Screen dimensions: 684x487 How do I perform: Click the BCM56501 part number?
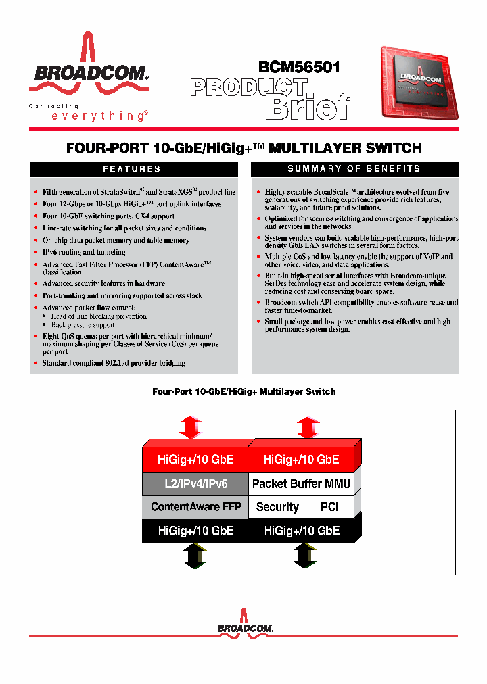click(299, 67)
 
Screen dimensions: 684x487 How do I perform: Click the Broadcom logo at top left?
click(88, 64)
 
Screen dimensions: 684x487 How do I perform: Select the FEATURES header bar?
click(131, 169)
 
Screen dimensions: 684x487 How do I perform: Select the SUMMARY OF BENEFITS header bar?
click(354, 169)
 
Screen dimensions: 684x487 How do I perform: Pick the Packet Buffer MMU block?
click(301, 483)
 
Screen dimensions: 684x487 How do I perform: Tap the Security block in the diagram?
click(277, 506)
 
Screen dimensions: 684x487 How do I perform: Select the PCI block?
click(329, 506)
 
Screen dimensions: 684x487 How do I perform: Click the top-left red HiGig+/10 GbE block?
click(195, 460)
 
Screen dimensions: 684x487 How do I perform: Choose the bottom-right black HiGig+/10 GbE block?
click(301, 531)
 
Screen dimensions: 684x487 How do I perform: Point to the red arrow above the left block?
click(191, 427)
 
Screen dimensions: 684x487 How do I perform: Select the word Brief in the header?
click(307, 106)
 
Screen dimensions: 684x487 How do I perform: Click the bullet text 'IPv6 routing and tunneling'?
click(84, 252)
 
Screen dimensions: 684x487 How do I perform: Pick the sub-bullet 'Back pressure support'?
click(83, 325)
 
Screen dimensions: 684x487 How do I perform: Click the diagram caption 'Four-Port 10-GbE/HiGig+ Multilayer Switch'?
click(243, 391)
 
